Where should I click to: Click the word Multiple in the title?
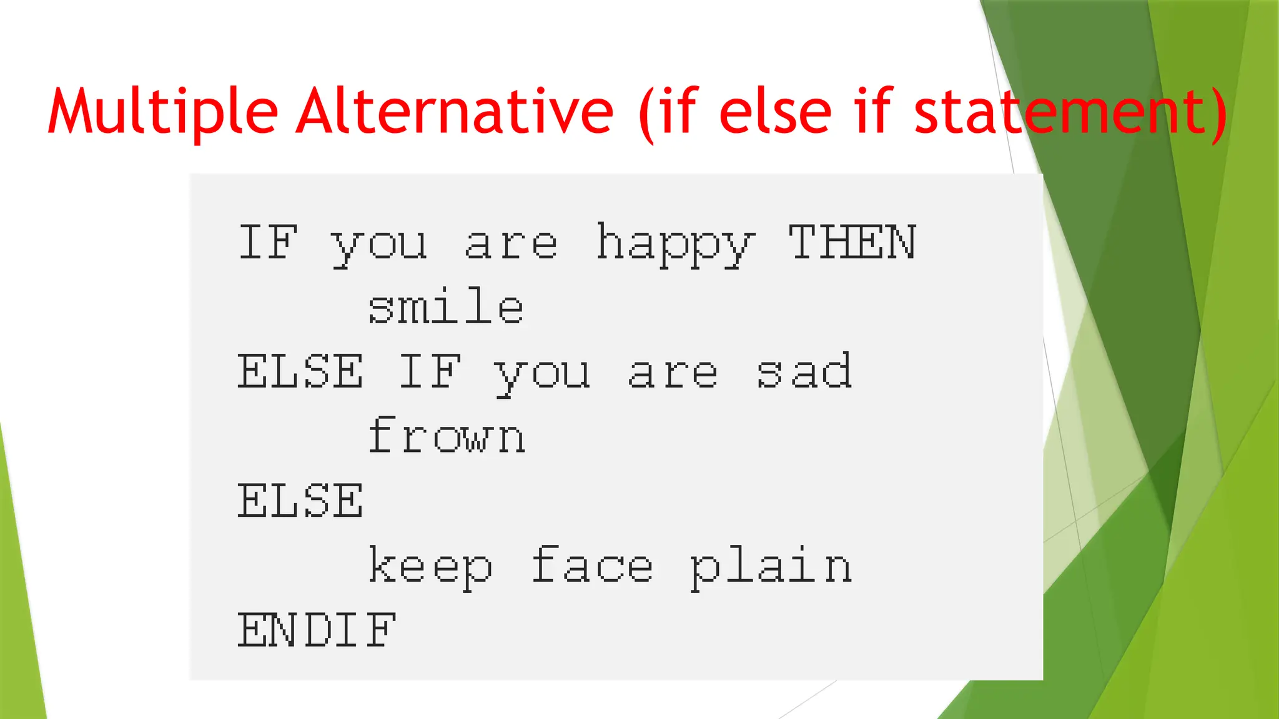point(162,112)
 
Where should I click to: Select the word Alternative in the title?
point(455,112)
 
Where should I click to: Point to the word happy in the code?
point(676,245)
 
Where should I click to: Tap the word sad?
point(804,372)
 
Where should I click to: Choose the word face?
point(592,565)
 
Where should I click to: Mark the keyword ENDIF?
point(316,630)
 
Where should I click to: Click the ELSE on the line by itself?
point(300,501)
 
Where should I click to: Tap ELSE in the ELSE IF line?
point(300,372)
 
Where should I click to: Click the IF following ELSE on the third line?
point(430,372)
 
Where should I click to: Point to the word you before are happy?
point(378,246)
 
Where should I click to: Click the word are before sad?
point(673,374)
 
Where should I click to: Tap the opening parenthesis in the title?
point(647,115)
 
